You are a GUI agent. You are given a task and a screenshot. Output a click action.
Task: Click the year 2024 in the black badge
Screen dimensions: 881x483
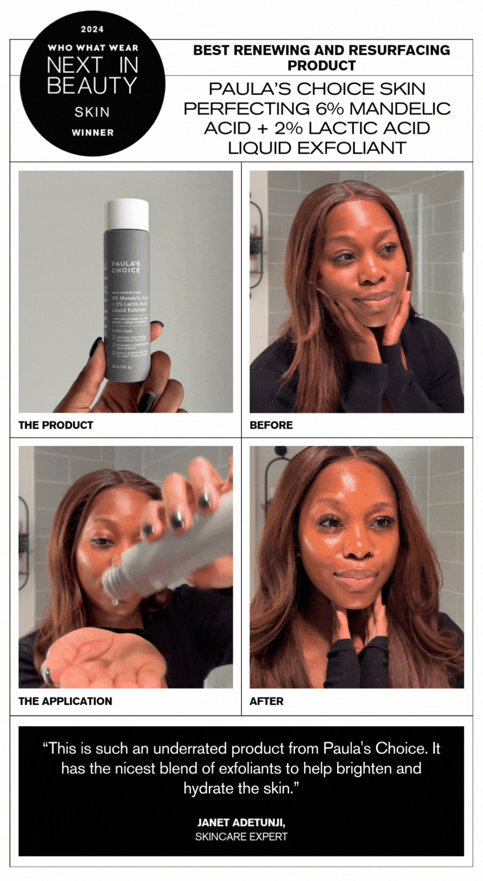point(92,29)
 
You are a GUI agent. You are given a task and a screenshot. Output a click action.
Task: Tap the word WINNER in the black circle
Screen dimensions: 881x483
point(93,132)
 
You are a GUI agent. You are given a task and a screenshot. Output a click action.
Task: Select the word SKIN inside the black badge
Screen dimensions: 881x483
point(92,112)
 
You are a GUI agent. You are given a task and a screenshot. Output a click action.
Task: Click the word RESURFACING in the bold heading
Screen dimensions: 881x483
point(399,50)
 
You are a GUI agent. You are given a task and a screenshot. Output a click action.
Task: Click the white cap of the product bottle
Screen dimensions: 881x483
point(127,214)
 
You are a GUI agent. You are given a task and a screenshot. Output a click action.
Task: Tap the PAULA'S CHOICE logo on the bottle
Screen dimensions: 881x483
point(126,267)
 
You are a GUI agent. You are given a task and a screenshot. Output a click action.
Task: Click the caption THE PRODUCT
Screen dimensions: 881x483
point(56,425)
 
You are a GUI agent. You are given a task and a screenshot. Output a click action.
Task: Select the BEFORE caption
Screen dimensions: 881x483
point(271,425)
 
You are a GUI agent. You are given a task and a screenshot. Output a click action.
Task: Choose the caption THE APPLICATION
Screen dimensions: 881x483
point(65,701)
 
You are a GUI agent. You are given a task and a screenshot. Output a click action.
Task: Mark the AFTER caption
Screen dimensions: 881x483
point(267,701)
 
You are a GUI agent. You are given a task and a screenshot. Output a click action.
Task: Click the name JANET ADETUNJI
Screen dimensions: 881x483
point(241,823)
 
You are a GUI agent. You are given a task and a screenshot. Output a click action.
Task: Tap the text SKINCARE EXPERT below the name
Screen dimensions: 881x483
point(241,837)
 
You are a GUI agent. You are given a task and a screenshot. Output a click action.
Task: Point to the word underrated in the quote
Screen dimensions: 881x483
point(191,749)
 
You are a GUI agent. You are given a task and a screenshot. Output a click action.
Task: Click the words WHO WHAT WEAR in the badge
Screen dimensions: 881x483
point(93,48)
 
